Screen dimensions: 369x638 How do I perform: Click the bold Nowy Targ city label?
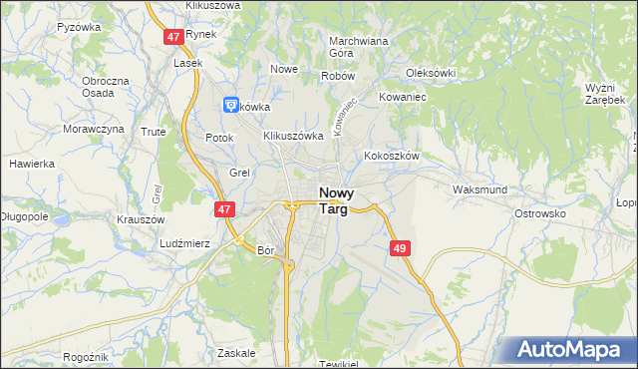pos(338,200)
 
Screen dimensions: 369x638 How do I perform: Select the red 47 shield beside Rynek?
pos(173,36)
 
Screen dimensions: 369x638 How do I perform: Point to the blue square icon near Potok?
pos(230,103)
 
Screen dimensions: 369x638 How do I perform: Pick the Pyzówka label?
pos(80,27)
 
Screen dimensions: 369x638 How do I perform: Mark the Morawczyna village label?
pos(94,129)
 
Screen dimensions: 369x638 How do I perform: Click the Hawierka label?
pos(31,163)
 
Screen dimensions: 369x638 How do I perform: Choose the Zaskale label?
pos(235,352)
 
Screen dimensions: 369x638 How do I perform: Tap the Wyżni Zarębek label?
pos(604,94)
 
